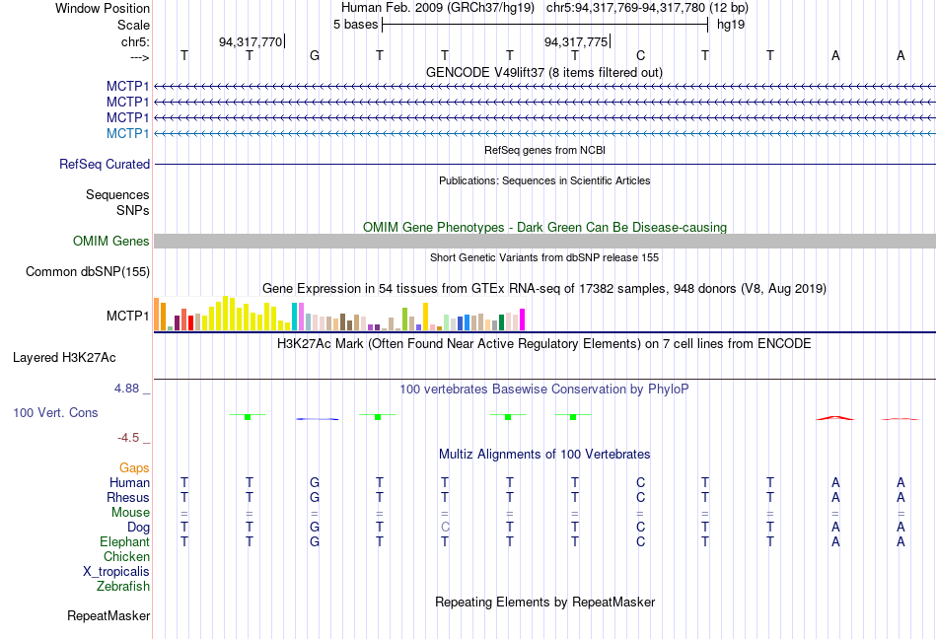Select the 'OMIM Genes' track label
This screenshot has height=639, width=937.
tap(111, 242)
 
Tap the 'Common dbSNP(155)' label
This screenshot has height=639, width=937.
tap(88, 272)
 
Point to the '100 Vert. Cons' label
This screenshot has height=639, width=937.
tap(56, 412)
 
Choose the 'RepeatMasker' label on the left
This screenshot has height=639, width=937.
tap(108, 616)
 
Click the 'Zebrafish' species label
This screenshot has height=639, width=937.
tap(123, 587)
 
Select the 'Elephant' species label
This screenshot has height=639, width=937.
tap(124, 542)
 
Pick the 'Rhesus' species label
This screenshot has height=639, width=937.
tap(128, 498)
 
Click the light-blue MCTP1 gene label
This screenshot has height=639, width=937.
tap(128, 133)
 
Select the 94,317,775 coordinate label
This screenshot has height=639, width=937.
tap(576, 42)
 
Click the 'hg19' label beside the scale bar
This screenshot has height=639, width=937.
tap(731, 25)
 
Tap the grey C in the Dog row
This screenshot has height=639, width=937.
tap(445, 528)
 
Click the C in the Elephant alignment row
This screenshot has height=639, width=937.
tap(640, 542)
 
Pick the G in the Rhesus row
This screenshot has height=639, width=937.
tap(315, 498)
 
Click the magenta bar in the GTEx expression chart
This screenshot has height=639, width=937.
tap(522, 319)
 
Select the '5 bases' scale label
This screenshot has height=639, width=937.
tap(355, 25)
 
